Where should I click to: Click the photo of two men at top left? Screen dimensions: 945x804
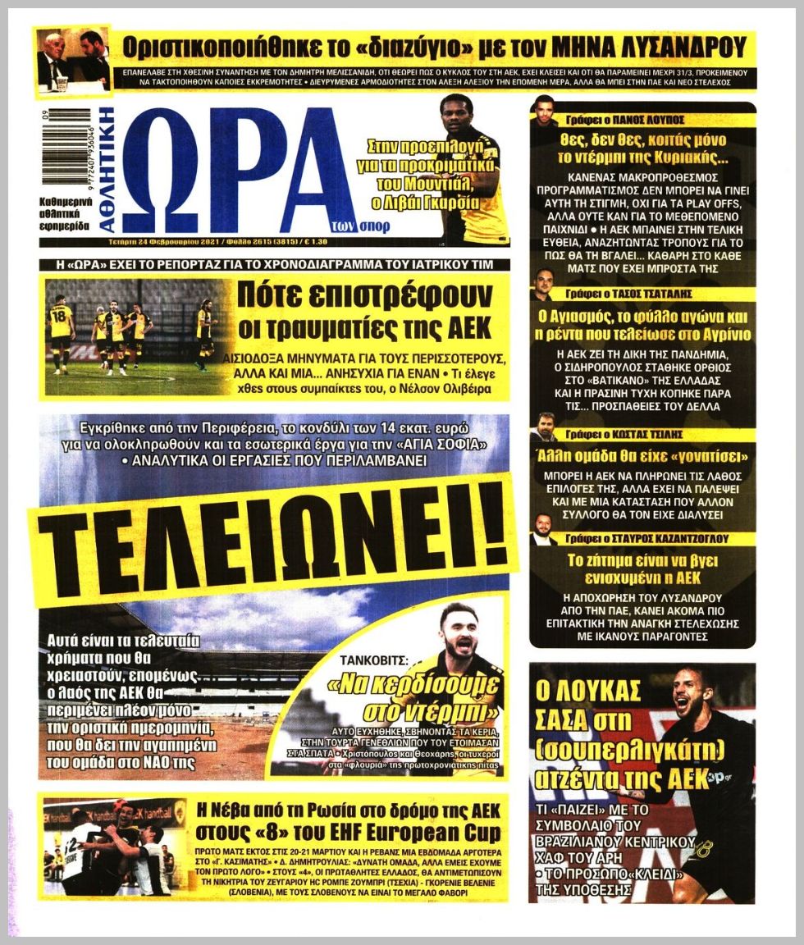[73, 59]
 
